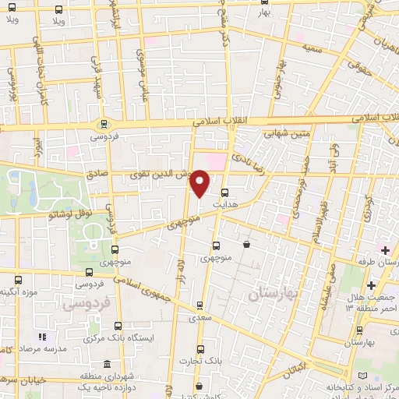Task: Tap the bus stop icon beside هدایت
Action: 225,192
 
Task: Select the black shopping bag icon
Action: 247,245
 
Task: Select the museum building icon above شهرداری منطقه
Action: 108,364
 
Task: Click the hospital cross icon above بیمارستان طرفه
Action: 384,249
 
